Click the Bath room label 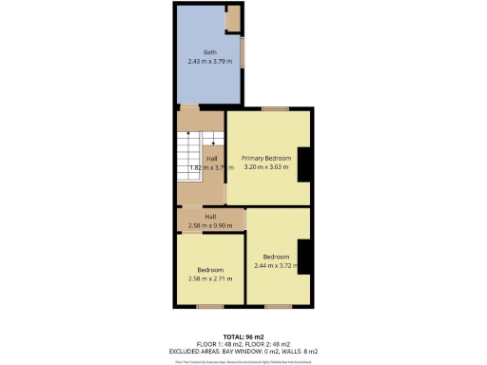coord(208,51)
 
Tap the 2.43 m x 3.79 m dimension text coord(208,61)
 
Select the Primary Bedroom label coord(265,158)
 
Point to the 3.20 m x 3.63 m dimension coord(265,167)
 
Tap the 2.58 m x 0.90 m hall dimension coord(210,225)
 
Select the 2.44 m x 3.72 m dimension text coord(277,265)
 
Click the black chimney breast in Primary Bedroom coord(304,164)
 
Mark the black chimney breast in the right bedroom coord(304,256)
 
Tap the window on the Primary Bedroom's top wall coord(276,109)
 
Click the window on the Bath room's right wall coord(242,51)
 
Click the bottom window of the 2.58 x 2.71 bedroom coord(211,306)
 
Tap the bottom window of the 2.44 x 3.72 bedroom coord(278,306)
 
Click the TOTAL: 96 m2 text coord(243,336)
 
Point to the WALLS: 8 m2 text coord(299,352)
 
